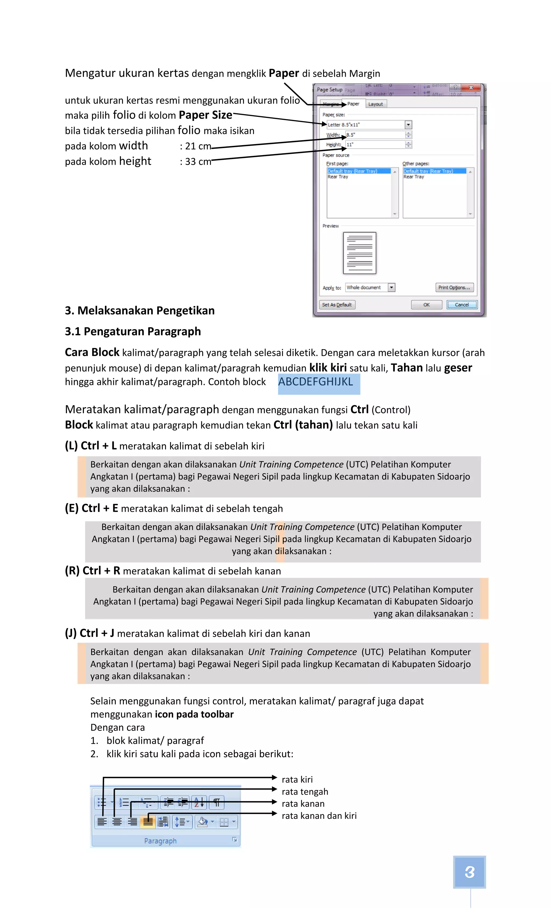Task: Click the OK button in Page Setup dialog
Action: [x=426, y=305]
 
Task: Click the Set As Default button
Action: [x=337, y=305]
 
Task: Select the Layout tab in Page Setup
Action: [x=375, y=104]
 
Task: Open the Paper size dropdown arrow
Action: [x=408, y=125]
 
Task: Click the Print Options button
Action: [x=454, y=288]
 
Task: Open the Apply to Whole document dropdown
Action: [x=391, y=288]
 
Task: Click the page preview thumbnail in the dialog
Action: [x=359, y=253]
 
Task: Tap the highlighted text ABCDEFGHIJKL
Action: [x=316, y=382]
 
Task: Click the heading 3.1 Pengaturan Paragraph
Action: [x=133, y=332]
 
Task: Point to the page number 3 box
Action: [x=469, y=872]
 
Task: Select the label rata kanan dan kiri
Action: [x=319, y=816]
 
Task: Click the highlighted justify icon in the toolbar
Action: [x=148, y=822]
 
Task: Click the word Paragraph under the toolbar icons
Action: [x=160, y=841]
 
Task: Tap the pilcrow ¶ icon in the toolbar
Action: [x=217, y=802]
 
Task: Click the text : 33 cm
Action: [x=196, y=162]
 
